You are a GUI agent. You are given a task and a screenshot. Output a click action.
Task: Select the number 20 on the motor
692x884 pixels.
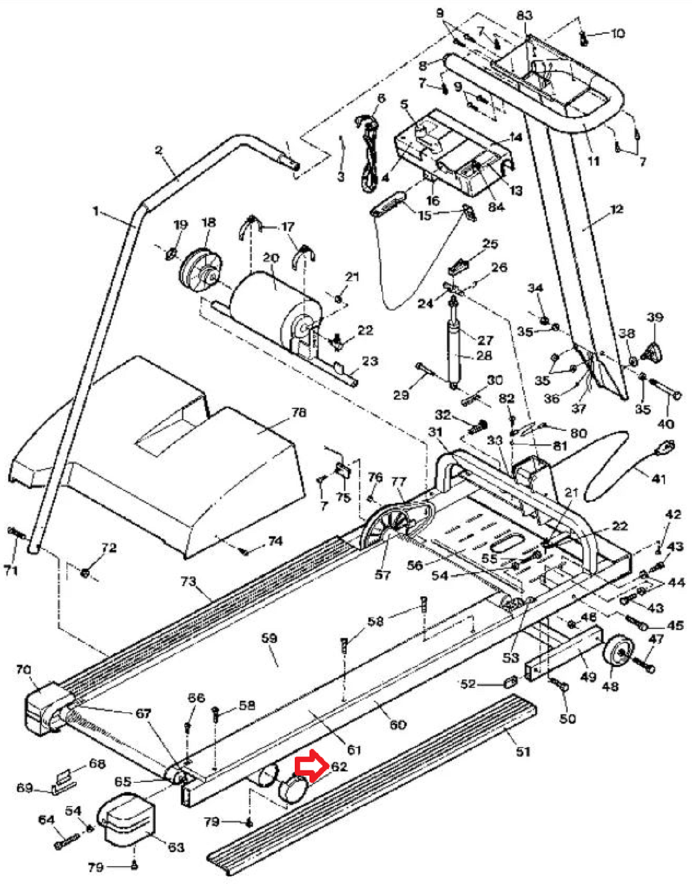point(271,258)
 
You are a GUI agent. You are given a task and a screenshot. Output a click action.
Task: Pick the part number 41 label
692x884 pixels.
point(658,479)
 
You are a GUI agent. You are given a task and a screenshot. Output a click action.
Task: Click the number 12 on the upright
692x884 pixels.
point(617,209)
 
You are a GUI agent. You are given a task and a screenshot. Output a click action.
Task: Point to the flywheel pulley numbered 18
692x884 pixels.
point(202,269)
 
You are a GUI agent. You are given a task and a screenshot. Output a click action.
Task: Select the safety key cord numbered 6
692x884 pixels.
point(369,153)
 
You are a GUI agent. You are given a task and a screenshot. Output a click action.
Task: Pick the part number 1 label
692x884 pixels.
point(96,212)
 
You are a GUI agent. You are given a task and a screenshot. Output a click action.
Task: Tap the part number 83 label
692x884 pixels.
point(525,15)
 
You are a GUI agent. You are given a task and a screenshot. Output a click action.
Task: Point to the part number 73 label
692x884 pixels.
point(189,581)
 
